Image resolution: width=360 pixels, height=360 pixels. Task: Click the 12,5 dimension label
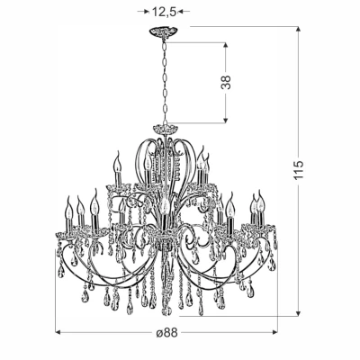(164, 12)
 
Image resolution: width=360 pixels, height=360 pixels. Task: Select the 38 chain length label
(226, 82)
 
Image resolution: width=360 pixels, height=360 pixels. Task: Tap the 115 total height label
(299, 170)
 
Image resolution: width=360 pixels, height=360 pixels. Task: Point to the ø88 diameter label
(166, 333)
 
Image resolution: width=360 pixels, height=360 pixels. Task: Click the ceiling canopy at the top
(164, 31)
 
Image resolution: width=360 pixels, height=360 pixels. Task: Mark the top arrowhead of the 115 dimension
(298, 29)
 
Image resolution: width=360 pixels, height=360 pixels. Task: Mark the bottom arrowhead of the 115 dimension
(298, 313)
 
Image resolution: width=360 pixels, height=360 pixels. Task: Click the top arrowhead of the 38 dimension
(226, 45)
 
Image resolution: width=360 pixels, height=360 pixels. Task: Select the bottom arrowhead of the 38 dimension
(226, 120)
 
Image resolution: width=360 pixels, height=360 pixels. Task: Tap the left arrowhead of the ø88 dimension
(58, 332)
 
